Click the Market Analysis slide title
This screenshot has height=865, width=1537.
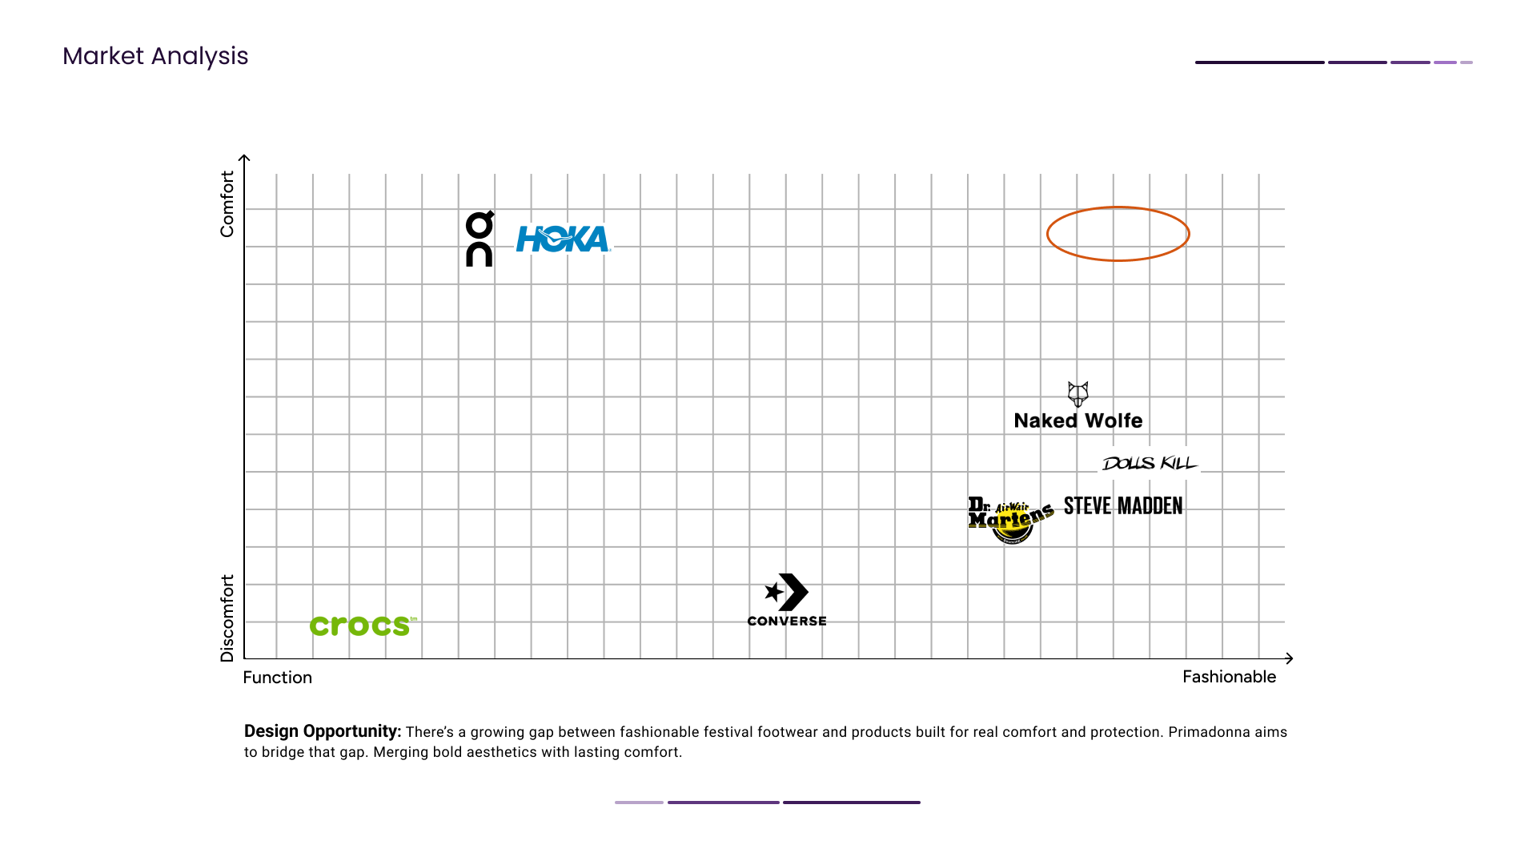coord(155,56)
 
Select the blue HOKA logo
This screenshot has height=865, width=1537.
coord(563,239)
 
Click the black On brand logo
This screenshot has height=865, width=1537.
coord(480,239)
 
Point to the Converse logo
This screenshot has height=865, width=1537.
coord(787,600)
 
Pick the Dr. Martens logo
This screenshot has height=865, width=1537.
coord(1010,519)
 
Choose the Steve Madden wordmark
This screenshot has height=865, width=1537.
coord(1123,506)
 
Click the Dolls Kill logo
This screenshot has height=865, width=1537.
coord(1150,463)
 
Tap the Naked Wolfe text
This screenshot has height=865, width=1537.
coord(1078,420)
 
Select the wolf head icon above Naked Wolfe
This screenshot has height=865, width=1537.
coord(1078,394)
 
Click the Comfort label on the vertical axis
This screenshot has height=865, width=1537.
coord(227,203)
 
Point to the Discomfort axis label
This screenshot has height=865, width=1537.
coord(227,618)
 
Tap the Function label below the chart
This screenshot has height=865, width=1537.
coord(278,678)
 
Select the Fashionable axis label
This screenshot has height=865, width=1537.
coord(1229,677)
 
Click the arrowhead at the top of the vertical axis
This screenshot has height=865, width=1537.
coord(245,158)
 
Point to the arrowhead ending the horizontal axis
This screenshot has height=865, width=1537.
coord(1289,658)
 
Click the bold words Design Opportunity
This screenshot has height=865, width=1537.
coord(322,731)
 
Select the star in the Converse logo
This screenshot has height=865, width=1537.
coord(773,592)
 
